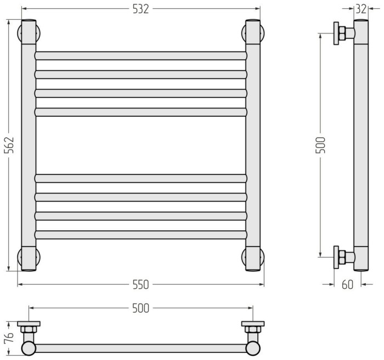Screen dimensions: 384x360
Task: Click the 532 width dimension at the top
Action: tap(140, 9)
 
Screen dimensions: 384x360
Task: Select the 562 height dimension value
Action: tap(9, 145)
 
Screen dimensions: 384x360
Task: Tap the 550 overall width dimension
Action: tap(140, 285)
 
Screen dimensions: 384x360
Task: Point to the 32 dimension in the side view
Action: tap(361, 9)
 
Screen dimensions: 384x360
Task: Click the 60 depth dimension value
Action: tap(347, 285)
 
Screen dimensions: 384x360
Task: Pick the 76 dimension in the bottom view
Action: tap(9, 338)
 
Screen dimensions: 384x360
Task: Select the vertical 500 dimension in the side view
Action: tap(320, 145)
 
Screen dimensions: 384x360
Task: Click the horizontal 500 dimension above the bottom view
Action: tap(140, 308)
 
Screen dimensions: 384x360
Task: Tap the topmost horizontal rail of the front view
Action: tap(141, 56)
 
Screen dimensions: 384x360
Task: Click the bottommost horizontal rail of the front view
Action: tap(141, 235)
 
